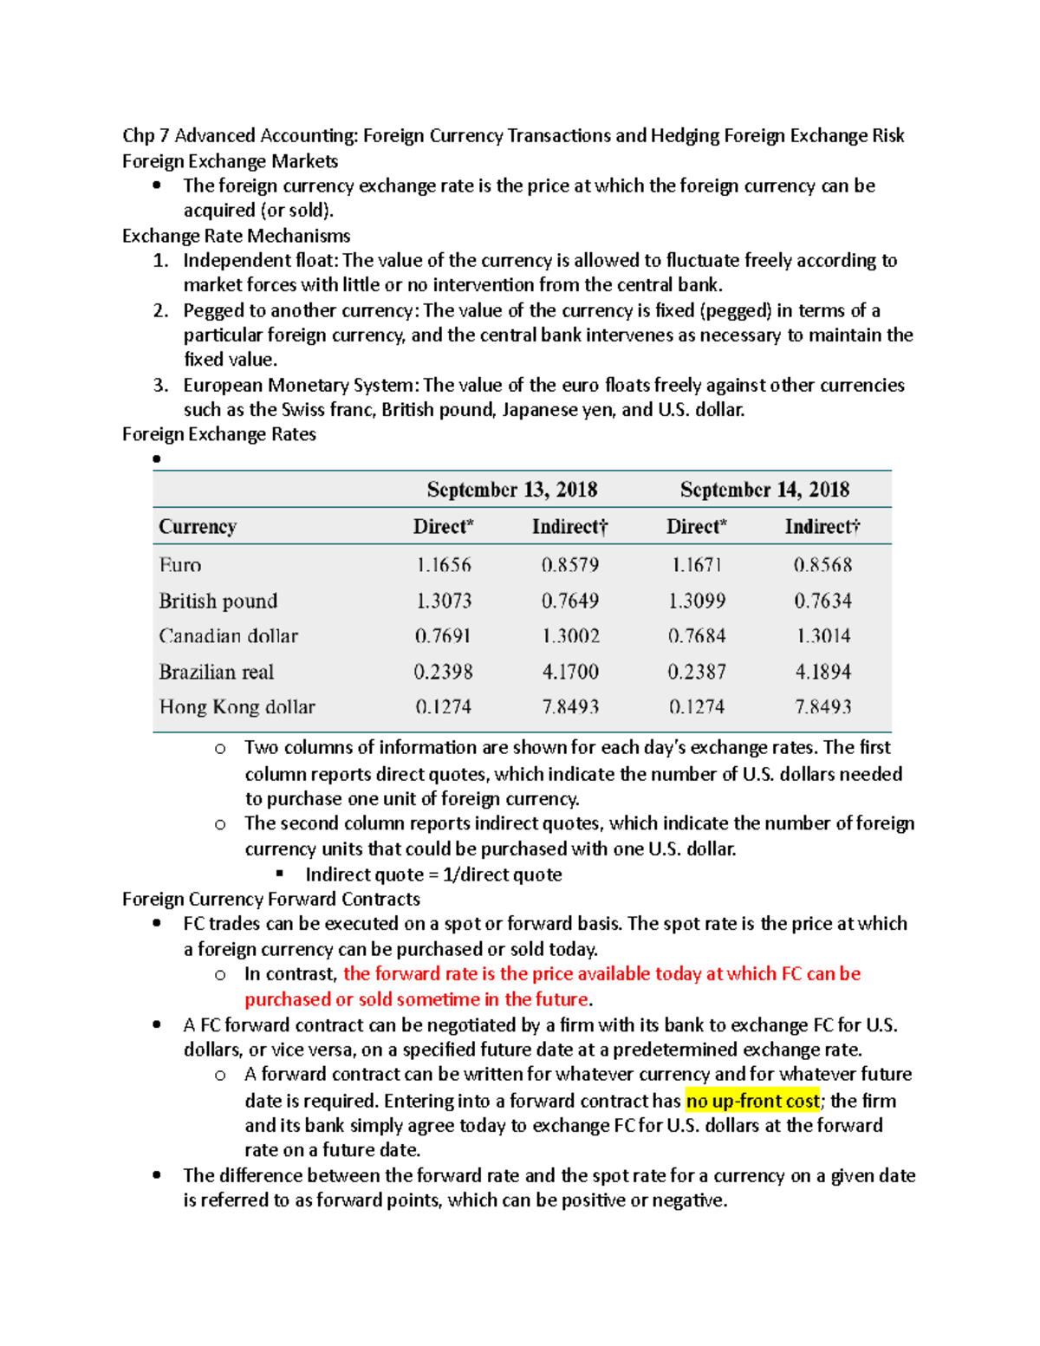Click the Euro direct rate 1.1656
click(x=443, y=565)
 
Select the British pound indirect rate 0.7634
click(x=822, y=601)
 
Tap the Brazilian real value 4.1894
click(x=822, y=672)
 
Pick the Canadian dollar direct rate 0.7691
click(x=442, y=636)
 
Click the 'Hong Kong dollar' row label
click(x=237, y=707)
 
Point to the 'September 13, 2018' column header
click(x=511, y=490)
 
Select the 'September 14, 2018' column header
click(x=764, y=490)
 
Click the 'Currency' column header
click(x=198, y=527)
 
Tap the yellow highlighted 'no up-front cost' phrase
click(x=752, y=1101)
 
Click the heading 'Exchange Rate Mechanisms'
click(x=236, y=236)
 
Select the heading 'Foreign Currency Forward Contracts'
click(x=270, y=899)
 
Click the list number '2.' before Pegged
click(x=160, y=310)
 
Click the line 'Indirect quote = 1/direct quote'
click(x=433, y=875)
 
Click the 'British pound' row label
click(x=218, y=601)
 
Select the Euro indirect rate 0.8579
click(x=569, y=565)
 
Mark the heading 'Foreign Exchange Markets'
click(x=230, y=161)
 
